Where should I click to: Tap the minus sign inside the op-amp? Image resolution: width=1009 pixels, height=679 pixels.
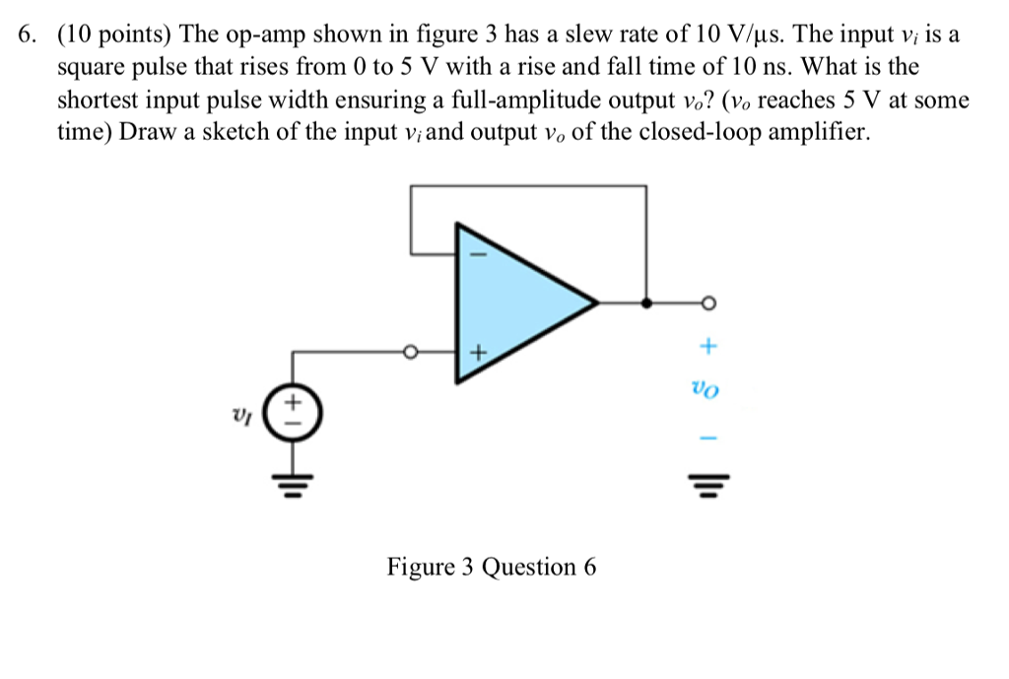click(x=480, y=253)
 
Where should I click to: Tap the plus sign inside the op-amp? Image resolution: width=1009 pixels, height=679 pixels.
click(x=478, y=351)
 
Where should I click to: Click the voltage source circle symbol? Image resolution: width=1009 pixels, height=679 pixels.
click(x=293, y=411)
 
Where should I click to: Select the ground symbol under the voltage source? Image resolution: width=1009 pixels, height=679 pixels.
click(x=293, y=484)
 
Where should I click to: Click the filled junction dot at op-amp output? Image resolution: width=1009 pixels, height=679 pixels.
click(x=646, y=303)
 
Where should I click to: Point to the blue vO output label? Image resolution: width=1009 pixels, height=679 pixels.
click(x=706, y=391)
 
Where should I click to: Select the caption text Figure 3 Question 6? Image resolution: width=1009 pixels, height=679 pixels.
click(x=492, y=568)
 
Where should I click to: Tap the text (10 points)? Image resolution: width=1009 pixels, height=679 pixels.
click(x=116, y=36)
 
